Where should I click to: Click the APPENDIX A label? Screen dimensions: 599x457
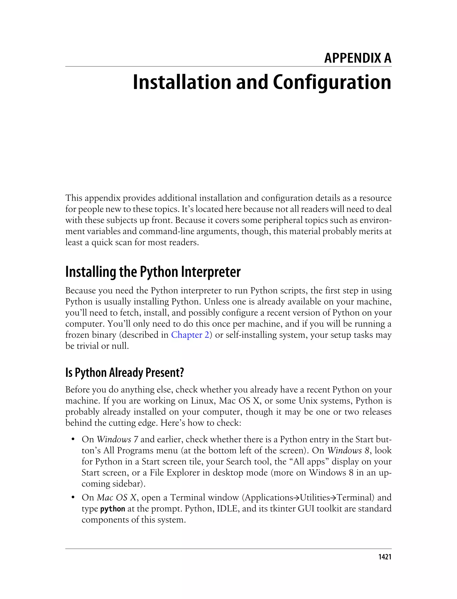(357, 58)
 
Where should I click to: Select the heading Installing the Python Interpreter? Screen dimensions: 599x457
(153, 272)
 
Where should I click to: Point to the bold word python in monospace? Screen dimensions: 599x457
(113, 509)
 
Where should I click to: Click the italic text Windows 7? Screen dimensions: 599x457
(118, 439)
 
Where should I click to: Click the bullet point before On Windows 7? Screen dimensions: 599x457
(73, 439)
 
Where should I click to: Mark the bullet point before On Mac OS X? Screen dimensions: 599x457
(73, 498)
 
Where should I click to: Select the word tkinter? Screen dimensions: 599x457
(283, 509)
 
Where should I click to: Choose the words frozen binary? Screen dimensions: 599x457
(91, 335)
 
